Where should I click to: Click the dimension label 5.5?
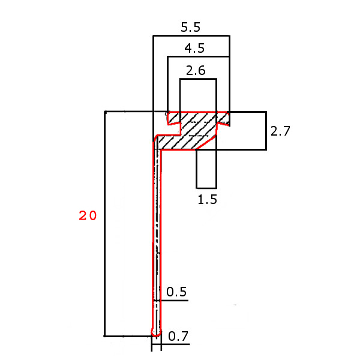pos(191,27)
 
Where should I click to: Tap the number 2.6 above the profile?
pos(196,71)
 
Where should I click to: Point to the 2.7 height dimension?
pos(280,131)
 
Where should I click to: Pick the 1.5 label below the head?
pos(207,200)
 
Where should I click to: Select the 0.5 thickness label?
pos(176,292)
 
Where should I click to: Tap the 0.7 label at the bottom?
pos(178,337)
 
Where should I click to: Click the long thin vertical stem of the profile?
pos(157,240)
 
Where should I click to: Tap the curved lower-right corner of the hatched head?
pos(210,142)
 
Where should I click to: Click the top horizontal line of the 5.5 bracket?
pos(191,36)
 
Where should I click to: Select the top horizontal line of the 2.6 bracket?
pos(198,78)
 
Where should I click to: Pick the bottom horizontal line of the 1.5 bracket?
pos(206,188)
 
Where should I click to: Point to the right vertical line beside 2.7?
pos(266,131)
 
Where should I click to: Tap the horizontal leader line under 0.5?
pos(174,300)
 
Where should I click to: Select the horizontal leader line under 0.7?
pos(177,344)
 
